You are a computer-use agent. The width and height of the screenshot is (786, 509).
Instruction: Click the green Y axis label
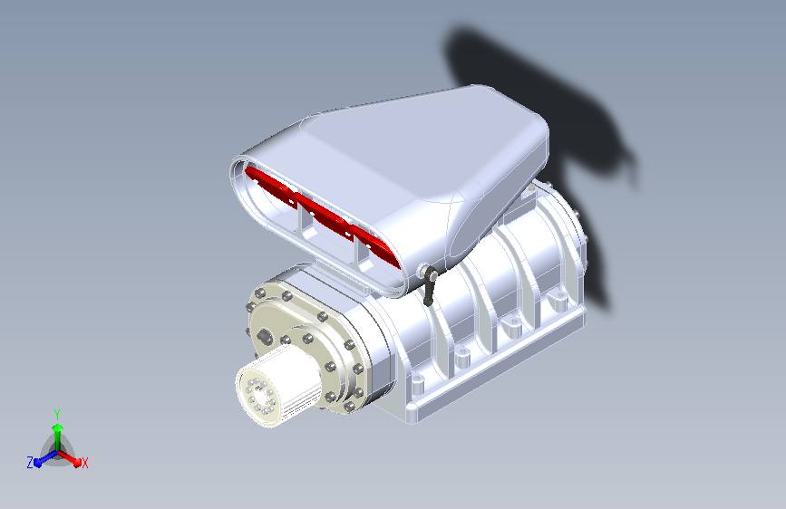pos(57,414)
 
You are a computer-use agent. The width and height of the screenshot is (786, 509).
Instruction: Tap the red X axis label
pos(84,463)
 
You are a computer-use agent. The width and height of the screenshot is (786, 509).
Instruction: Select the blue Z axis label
pos(30,463)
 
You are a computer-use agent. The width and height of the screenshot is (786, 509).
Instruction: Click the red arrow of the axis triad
pos(70,458)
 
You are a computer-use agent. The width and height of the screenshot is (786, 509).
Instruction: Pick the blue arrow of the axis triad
pos(45,458)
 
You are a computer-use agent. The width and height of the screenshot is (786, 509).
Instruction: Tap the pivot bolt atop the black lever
pos(424,271)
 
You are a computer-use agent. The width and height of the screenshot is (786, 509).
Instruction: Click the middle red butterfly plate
pos(324,216)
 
